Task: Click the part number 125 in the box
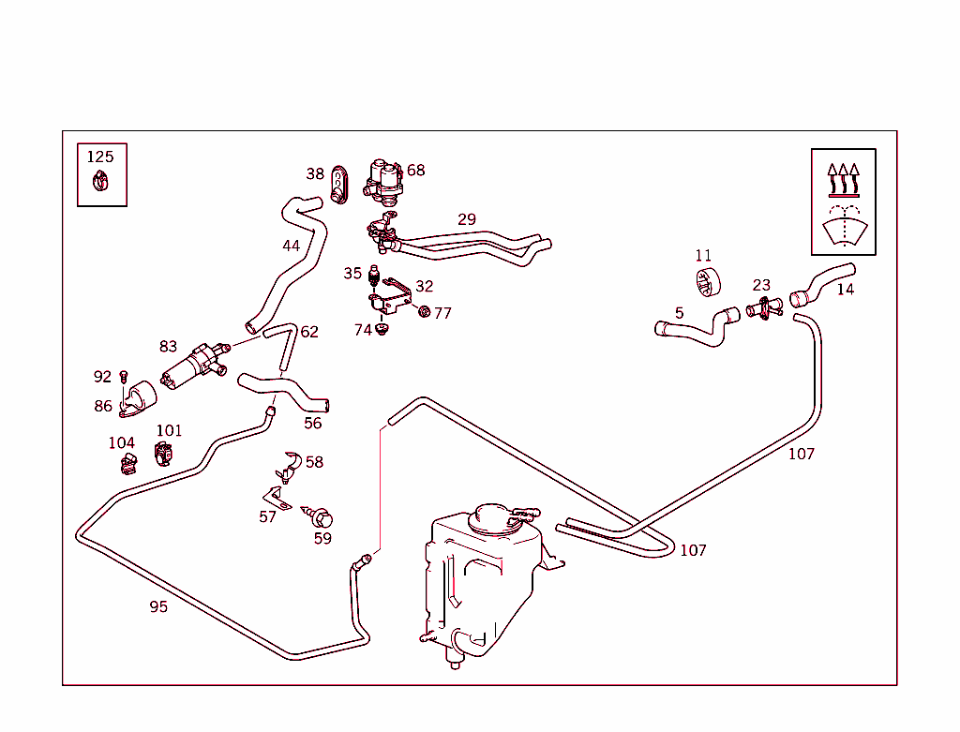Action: click(x=100, y=157)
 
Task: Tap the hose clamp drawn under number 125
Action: click(x=100, y=181)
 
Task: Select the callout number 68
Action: click(x=415, y=171)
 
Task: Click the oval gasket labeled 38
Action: click(x=338, y=185)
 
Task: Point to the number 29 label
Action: click(x=467, y=219)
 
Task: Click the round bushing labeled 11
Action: click(x=709, y=283)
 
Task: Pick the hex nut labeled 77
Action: click(x=425, y=312)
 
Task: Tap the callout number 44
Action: click(x=291, y=246)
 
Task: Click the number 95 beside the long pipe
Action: click(x=158, y=606)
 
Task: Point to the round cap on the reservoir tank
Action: click(x=491, y=517)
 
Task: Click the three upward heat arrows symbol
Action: click(x=844, y=179)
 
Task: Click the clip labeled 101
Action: click(x=163, y=454)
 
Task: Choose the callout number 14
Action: click(x=846, y=289)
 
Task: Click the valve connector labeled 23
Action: click(x=765, y=306)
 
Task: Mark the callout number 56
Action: click(x=313, y=423)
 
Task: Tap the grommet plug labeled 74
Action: click(x=382, y=330)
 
